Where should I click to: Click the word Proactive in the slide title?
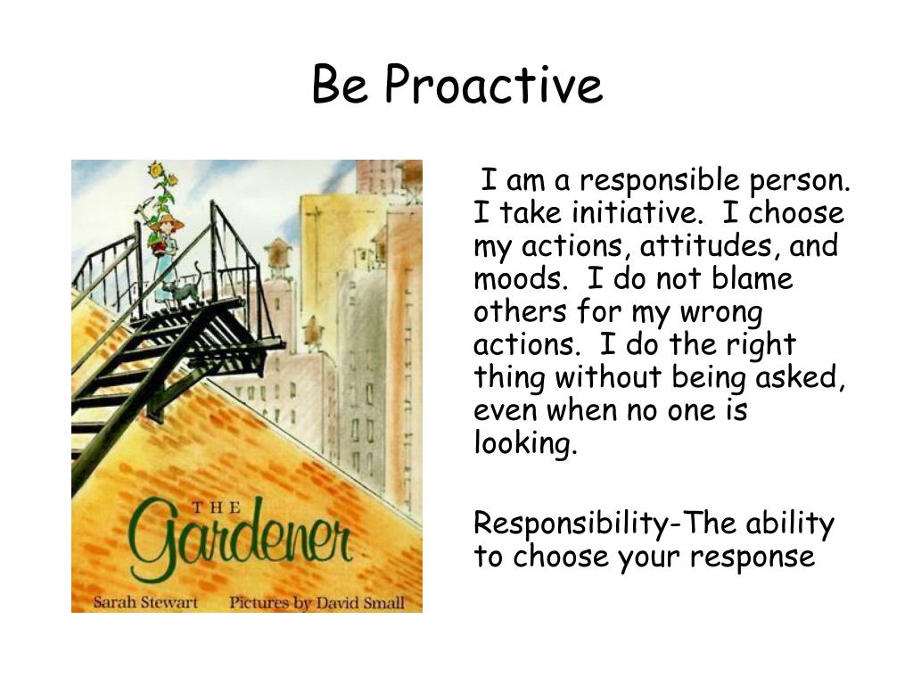494,87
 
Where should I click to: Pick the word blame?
754,279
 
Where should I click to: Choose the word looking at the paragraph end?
526,443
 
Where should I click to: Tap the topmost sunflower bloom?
157,169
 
